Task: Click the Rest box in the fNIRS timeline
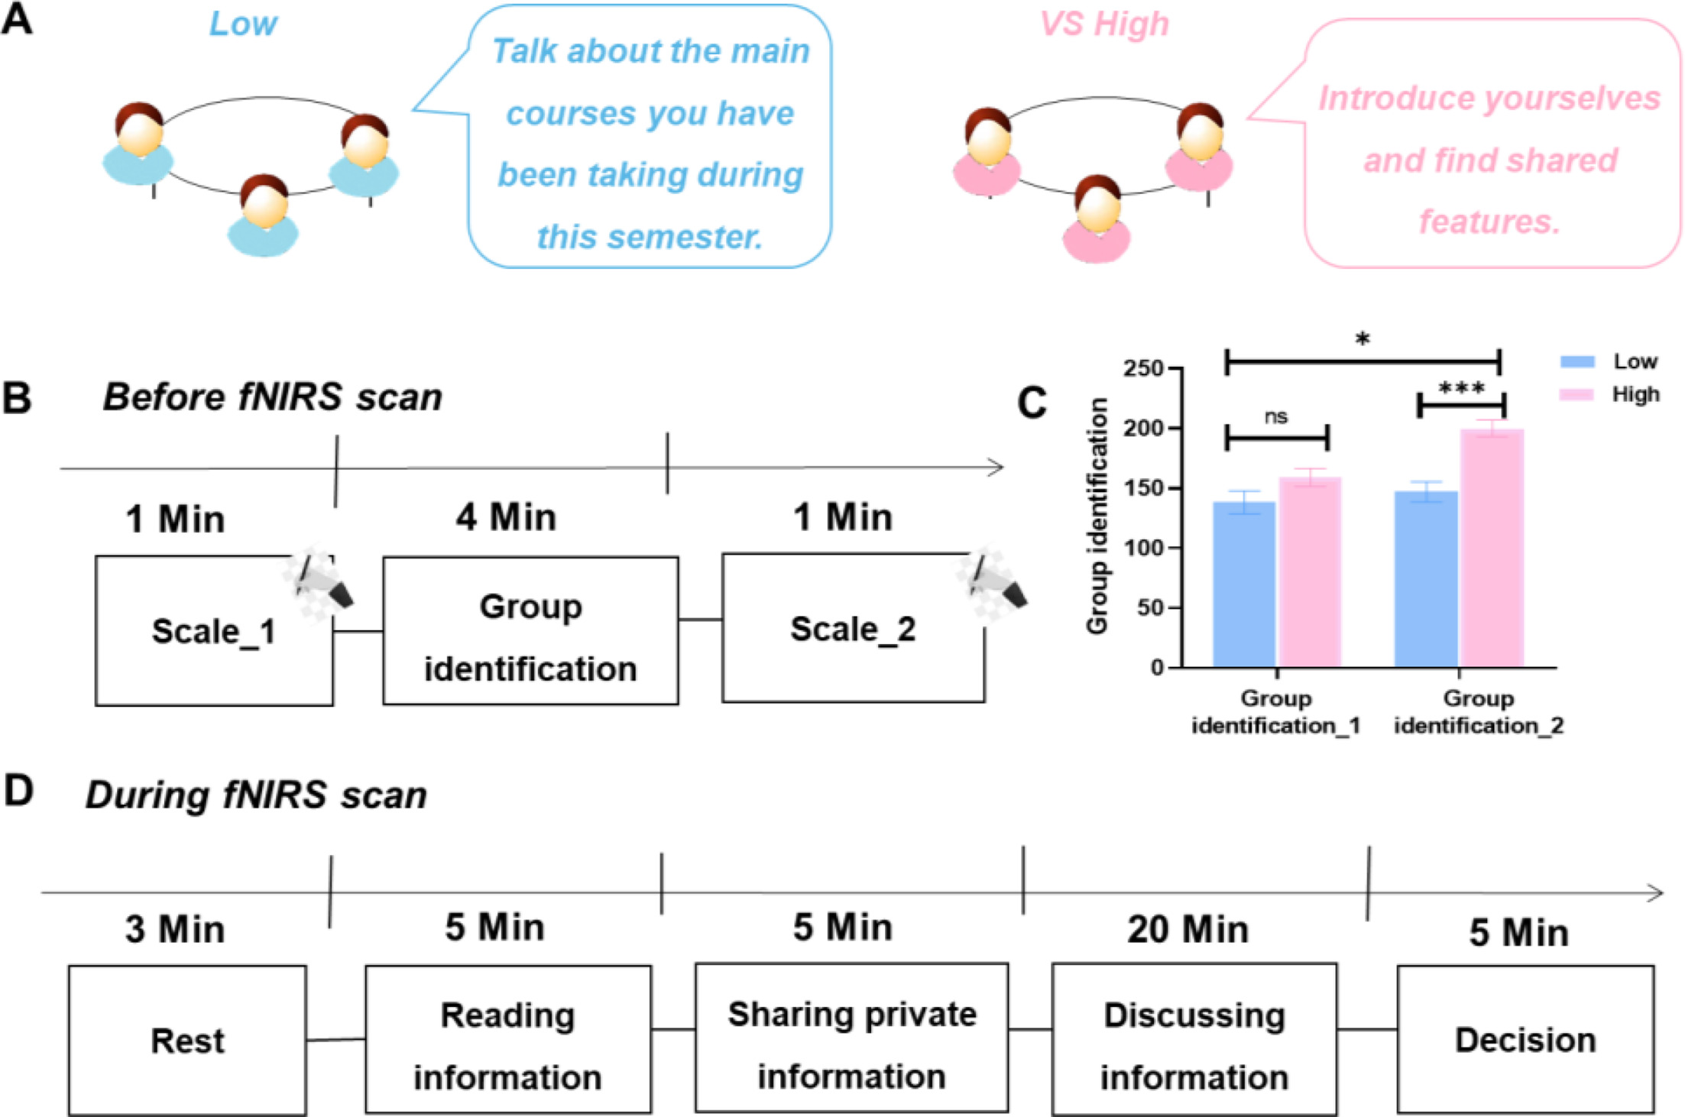[187, 1041]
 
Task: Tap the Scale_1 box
[213, 631]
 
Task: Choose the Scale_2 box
[853, 629]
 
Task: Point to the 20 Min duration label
[1188, 930]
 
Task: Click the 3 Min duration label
[175, 930]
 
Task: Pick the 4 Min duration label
[506, 517]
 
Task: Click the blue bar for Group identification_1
[1244, 584]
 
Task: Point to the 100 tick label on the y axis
[1142, 548]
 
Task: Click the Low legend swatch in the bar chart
[1577, 361]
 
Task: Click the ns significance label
[1276, 416]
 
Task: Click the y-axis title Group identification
[1097, 516]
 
